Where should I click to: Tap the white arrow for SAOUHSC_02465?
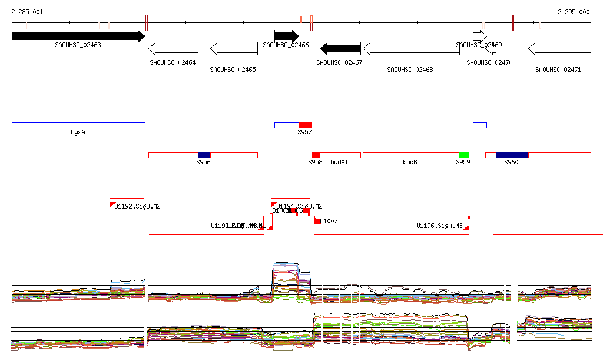click(x=234, y=49)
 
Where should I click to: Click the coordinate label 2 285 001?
click(x=27, y=12)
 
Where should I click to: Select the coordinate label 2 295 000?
click(x=573, y=12)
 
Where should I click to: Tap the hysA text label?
click(x=78, y=133)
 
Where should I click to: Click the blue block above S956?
click(x=204, y=155)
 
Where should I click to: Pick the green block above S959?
click(x=464, y=155)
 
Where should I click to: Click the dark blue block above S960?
click(x=512, y=155)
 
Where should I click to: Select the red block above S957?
click(x=305, y=125)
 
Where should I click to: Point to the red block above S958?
click(x=316, y=155)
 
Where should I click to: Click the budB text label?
click(x=410, y=162)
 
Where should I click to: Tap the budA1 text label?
click(x=339, y=162)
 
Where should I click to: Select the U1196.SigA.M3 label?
click(x=439, y=226)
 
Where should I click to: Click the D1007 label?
click(x=328, y=222)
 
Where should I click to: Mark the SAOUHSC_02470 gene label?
click(x=489, y=62)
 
